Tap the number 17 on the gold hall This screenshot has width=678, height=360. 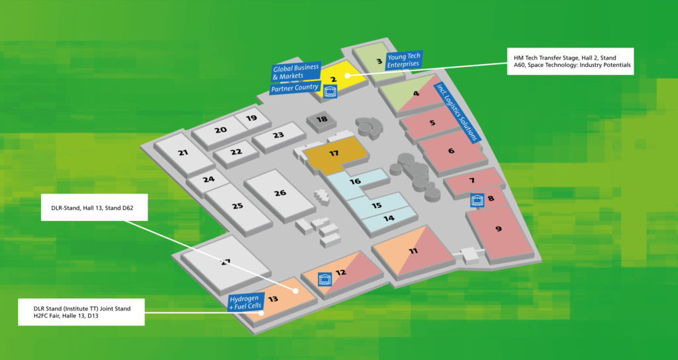point(334,154)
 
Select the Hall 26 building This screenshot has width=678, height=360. point(280,193)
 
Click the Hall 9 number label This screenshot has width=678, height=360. point(499,229)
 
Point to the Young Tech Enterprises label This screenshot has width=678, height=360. point(403,60)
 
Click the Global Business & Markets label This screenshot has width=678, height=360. point(295,72)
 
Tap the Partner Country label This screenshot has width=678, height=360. point(295,87)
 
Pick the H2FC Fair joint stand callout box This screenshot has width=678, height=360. point(81,312)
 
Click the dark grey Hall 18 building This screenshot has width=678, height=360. point(321,120)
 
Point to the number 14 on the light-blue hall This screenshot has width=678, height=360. point(389,218)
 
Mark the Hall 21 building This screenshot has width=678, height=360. point(183,153)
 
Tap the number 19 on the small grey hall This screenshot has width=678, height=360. point(251,118)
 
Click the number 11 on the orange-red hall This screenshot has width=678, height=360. point(413,251)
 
